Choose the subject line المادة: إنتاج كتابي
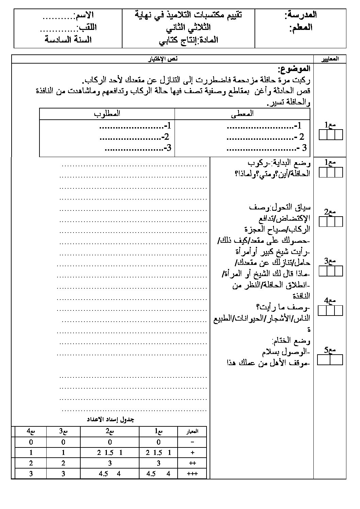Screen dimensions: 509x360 (189, 40)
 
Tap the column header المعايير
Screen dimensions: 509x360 (330, 59)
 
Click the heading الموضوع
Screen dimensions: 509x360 (294, 69)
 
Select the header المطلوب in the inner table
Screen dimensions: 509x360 (107, 114)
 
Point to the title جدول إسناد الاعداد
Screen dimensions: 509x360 (110, 419)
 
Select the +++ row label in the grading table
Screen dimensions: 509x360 (193, 473)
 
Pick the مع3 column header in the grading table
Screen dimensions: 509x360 (63, 431)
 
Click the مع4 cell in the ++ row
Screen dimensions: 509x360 (31, 463)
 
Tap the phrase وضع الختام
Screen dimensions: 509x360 (291, 340)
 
